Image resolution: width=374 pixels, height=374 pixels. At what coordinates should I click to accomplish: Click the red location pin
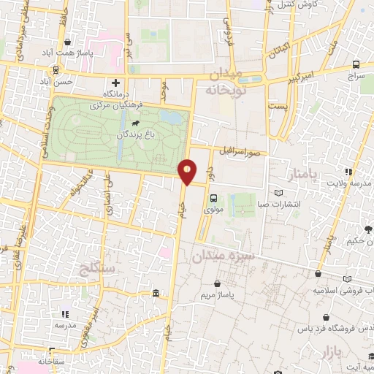coord(188,172)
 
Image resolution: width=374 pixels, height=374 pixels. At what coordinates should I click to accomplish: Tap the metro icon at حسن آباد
coord(56,72)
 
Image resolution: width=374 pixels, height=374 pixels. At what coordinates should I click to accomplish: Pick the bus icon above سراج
coord(356,64)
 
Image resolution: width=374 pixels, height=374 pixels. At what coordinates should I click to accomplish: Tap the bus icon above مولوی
coord(213,198)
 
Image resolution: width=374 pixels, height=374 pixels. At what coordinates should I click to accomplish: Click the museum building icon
coord(156,294)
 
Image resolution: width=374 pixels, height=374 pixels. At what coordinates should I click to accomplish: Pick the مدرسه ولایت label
coord(349,182)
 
